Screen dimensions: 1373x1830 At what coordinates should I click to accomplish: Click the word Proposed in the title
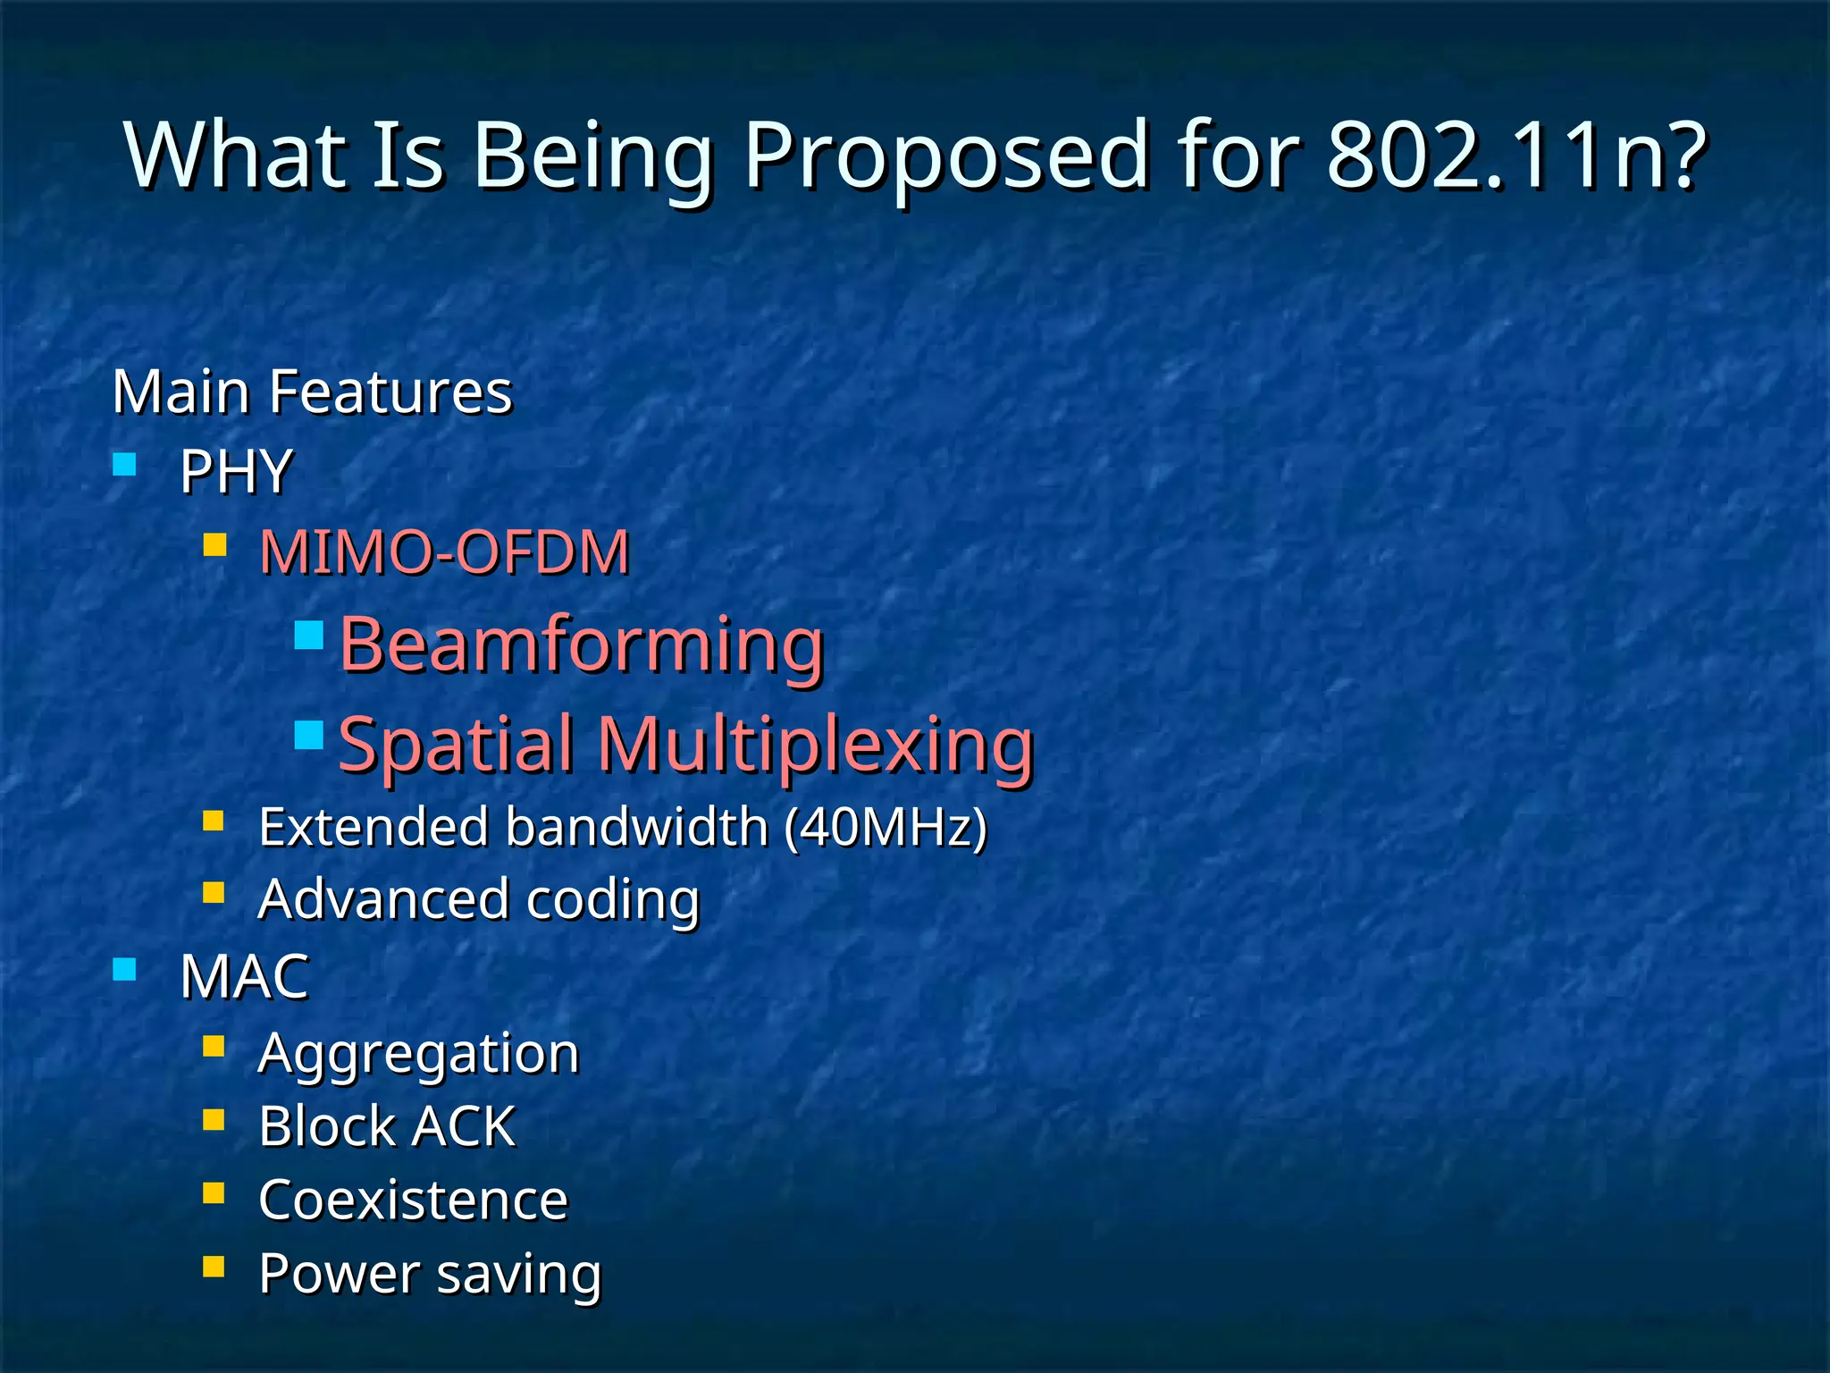[x=945, y=156]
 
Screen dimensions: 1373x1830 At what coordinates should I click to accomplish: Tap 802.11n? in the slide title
[x=1516, y=156]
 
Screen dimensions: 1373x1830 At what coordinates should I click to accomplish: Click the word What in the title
[x=236, y=156]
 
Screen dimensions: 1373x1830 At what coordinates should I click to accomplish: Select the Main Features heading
[x=312, y=392]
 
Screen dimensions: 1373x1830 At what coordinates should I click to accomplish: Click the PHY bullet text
[x=236, y=471]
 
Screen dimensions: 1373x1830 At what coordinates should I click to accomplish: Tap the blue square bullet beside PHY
[x=124, y=464]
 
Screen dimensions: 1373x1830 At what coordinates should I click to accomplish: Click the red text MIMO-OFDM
[x=444, y=552]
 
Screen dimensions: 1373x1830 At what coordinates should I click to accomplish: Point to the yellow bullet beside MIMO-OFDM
[x=214, y=545]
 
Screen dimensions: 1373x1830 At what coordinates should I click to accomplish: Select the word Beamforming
[x=582, y=644]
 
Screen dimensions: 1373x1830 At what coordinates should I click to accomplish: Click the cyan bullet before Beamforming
[x=308, y=636]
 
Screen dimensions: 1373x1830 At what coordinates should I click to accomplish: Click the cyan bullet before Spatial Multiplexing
[x=308, y=736]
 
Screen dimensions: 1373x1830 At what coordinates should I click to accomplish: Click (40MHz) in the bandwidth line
[x=886, y=827]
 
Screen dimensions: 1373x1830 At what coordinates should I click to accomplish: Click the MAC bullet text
[x=244, y=976]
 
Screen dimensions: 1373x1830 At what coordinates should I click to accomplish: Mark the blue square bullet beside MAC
[x=124, y=969]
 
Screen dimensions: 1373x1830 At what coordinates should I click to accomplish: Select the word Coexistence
[x=413, y=1200]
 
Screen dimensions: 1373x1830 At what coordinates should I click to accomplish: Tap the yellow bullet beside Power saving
[x=214, y=1267]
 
